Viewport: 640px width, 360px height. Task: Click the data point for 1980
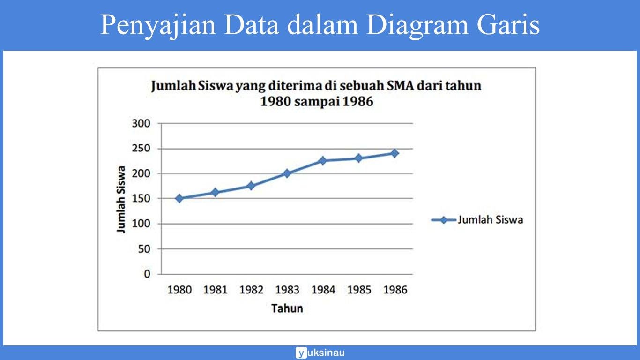(x=179, y=198)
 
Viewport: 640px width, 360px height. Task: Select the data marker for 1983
(x=287, y=173)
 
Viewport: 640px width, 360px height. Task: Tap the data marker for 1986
(x=394, y=153)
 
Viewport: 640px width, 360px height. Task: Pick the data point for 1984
(x=322, y=161)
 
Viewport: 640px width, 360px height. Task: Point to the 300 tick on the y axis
(x=141, y=124)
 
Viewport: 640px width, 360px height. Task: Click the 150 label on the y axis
(x=141, y=199)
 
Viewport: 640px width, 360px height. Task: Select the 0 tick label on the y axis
(x=147, y=274)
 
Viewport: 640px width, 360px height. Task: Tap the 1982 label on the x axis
(x=251, y=290)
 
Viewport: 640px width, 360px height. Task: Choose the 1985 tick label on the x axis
(x=359, y=290)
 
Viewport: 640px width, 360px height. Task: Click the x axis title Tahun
(x=287, y=308)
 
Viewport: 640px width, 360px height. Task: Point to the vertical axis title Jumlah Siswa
(x=121, y=199)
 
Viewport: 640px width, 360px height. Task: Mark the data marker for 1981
(x=215, y=192)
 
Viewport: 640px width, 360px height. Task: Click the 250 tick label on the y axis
(x=141, y=149)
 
